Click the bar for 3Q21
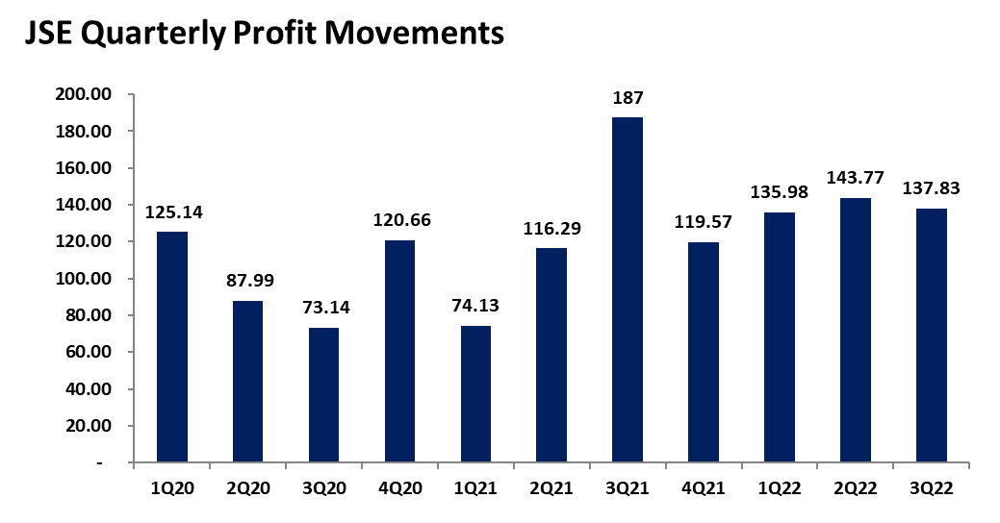click(627, 289)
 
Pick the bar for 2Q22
click(856, 330)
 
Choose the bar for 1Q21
click(474, 394)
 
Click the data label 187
click(627, 98)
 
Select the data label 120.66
click(399, 220)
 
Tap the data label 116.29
click(551, 229)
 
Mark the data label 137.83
click(932, 189)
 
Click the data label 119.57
click(704, 223)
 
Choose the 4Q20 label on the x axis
click(399, 488)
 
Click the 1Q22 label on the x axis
click(780, 488)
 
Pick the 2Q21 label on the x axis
click(551, 488)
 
